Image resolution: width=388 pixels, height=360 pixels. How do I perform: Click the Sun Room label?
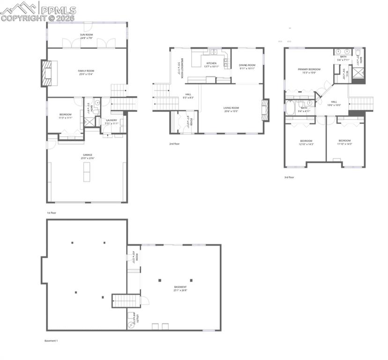coord(86,36)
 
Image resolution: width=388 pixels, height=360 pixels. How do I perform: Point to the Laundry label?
coord(112,121)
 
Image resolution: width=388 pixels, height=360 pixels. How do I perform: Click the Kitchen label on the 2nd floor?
coord(211,65)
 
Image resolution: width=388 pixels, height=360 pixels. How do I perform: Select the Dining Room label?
coord(247,67)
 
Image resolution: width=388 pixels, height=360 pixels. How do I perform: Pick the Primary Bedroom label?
coord(309,71)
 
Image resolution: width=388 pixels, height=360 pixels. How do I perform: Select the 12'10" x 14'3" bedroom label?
coord(306,142)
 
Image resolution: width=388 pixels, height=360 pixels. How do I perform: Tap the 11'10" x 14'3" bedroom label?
coord(344,142)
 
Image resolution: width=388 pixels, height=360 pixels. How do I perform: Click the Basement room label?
coord(180,288)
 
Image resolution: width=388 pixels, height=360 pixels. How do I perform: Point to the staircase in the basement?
coord(126,300)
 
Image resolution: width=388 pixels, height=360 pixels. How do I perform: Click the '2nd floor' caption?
coord(174,144)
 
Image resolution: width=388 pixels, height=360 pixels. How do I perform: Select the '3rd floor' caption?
coord(289,177)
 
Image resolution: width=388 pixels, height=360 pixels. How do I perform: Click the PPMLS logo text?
coord(58,9)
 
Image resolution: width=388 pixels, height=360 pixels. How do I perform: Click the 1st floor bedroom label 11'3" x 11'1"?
coord(66,116)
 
